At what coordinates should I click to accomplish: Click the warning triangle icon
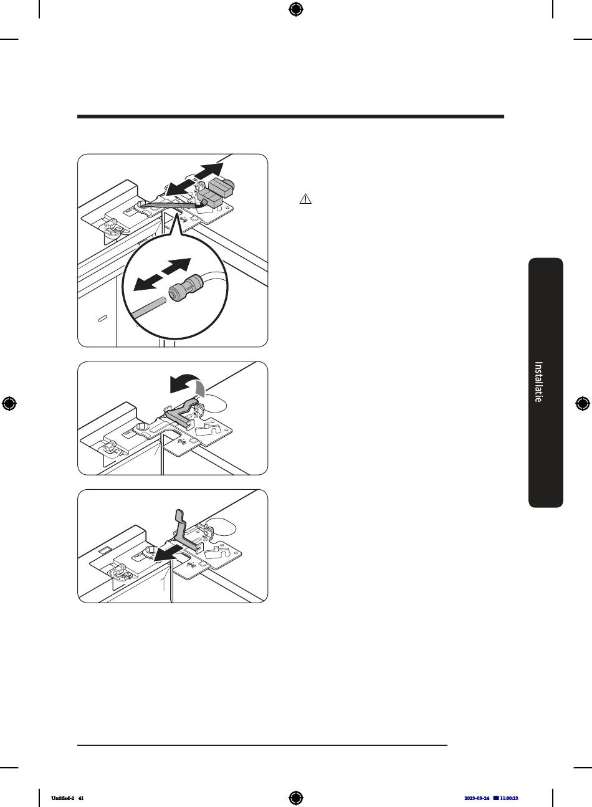[305, 199]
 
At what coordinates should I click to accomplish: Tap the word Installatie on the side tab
[538, 382]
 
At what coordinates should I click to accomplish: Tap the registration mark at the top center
[296, 9]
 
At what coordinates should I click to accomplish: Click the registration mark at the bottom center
[296, 798]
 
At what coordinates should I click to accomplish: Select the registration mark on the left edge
[9, 404]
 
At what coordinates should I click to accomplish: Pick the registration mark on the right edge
[583, 404]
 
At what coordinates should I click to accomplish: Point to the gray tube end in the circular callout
[148, 307]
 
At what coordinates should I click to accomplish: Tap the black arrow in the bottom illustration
[168, 553]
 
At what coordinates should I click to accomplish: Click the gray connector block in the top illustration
[216, 192]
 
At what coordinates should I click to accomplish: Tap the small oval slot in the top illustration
[103, 318]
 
